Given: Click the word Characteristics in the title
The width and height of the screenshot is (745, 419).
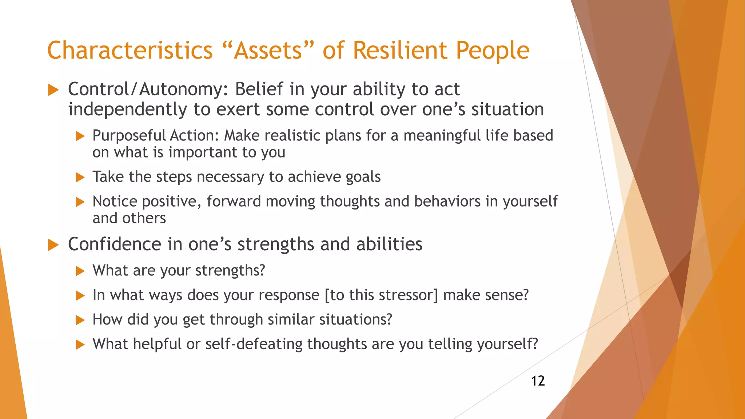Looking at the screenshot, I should (130, 50).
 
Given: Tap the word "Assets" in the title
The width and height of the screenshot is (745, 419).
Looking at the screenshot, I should (268, 50).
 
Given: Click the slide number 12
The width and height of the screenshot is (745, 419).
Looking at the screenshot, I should (538, 381).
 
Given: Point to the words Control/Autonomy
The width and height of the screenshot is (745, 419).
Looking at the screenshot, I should (148, 89).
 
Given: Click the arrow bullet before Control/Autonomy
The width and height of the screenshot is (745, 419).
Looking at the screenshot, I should (53, 90).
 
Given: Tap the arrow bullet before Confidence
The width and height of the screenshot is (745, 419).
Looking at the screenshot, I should (53, 245).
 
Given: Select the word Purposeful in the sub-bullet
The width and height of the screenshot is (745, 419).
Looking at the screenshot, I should (129, 136).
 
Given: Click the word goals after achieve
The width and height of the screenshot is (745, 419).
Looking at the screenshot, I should (363, 177).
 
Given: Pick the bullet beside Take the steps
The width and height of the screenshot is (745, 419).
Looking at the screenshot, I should (80, 177).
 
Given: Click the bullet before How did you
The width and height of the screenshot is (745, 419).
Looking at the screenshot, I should (80, 320).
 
